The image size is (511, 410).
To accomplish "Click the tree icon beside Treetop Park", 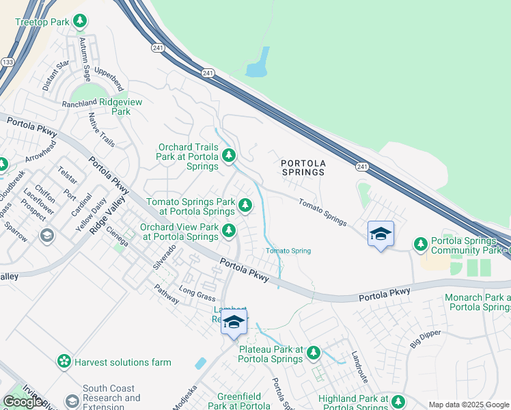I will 81,22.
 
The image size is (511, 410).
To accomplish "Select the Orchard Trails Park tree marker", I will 230,156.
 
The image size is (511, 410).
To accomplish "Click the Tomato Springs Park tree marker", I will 245,203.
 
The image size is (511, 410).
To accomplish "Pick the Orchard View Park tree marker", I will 229,230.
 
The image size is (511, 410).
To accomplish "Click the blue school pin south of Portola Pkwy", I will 234,322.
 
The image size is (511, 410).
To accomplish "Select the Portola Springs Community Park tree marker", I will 420,243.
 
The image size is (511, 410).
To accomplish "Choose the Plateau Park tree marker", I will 313,353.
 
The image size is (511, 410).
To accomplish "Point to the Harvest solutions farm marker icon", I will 64,361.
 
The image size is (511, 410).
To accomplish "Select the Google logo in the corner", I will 23,401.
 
